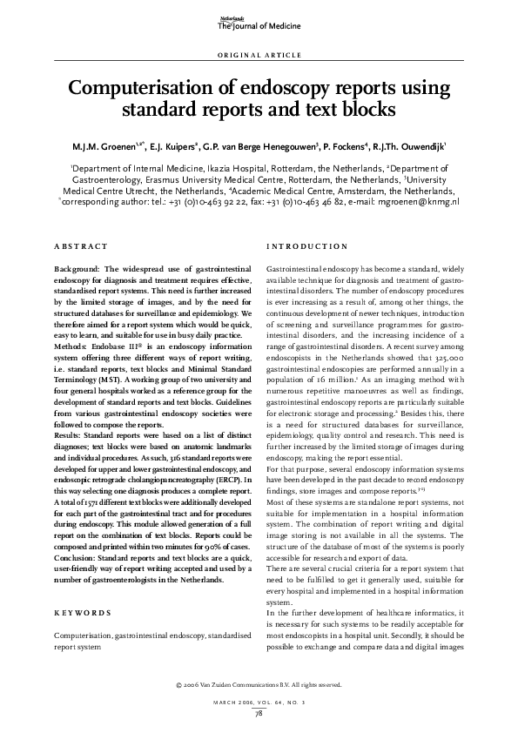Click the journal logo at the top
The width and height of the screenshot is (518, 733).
[258, 24]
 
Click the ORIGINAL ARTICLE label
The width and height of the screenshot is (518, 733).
[259, 55]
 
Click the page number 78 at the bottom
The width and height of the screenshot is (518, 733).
[259, 715]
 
